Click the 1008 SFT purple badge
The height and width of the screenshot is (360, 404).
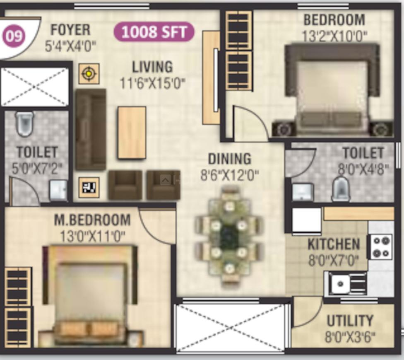tap(154, 32)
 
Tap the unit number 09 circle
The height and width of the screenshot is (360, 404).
tap(14, 36)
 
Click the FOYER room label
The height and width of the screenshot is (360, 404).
tap(70, 30)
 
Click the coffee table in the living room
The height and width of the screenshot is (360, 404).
tap(132, 133)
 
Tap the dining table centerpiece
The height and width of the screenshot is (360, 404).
tap(229, 237)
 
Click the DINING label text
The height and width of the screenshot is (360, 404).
tap(229, 159)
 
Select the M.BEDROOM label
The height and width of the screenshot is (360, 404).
tap(92, 220)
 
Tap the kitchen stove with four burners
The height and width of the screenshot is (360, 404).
tap(381, 246)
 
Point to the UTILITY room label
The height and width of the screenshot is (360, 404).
tap(350, 321)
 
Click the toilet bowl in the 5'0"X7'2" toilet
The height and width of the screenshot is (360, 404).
tap(25, 123)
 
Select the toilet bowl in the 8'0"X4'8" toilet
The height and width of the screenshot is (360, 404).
tap(341, 189)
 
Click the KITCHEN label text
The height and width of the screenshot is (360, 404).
tap(334, 244)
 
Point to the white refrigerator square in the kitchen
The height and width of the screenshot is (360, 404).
tap(307, 220)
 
